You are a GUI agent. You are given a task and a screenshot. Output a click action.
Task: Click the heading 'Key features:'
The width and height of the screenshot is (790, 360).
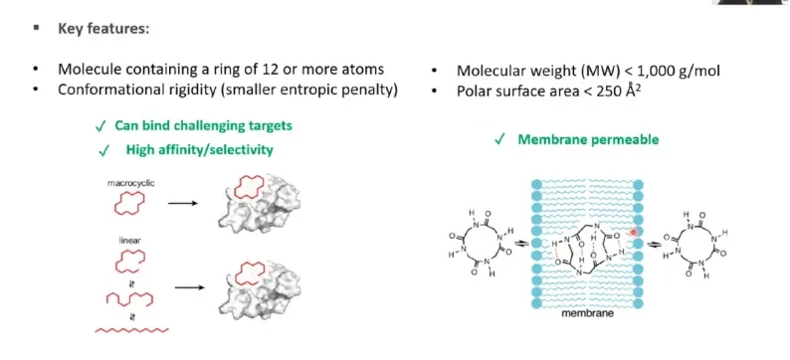103,29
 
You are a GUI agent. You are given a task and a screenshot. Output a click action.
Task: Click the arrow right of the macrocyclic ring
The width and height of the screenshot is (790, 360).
182,204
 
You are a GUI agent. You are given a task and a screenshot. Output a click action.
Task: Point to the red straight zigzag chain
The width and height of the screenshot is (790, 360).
131,330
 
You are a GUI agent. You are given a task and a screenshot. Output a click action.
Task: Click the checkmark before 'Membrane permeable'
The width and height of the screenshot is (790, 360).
499,140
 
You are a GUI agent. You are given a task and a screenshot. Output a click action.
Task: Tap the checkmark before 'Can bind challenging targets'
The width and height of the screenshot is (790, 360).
100,126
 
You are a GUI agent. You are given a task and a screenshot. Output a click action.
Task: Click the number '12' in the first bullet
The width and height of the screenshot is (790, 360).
252,70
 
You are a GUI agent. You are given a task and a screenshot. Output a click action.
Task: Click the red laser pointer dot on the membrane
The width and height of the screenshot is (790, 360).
634,232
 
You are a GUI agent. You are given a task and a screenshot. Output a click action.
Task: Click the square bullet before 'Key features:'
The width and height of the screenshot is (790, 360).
36,28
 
